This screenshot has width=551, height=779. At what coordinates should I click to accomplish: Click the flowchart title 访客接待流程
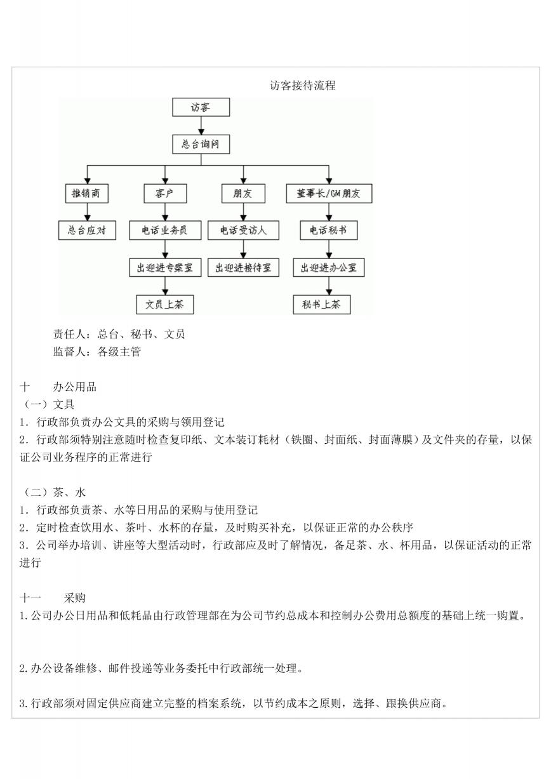pos(302,85)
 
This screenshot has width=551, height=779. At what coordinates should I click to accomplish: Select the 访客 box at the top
pos(201,107)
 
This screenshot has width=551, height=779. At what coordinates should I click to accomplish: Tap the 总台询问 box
pos(201,144)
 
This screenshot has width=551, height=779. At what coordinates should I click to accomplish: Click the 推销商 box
pos(87,194)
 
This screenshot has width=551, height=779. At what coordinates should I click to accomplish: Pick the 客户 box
pos(165,194)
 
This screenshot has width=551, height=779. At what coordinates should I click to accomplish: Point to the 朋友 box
pos(243,194)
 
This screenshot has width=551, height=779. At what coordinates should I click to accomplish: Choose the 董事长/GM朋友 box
pos(329,194)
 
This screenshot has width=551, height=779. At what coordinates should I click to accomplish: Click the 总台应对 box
pos(87,230)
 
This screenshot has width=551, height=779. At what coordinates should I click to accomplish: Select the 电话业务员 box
pos(165,230)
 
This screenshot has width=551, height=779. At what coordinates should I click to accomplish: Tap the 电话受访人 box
pos(243,230)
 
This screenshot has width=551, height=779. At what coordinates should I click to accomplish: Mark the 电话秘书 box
pos(329,230)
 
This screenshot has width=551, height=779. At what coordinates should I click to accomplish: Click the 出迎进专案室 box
pos(165,267)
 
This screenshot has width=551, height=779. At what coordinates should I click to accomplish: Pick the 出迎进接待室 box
pos(243,267)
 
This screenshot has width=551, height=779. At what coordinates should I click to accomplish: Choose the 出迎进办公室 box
pos(329,267)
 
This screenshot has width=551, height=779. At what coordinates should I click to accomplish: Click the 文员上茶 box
pos(165,305)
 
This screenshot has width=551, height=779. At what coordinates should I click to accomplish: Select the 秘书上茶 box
pos(322,305)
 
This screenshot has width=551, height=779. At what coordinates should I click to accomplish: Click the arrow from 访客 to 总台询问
pos(201,126)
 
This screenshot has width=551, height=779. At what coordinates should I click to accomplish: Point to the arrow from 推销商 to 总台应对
pos(87,212)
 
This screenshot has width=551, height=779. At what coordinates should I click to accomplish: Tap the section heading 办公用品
pos(75,387)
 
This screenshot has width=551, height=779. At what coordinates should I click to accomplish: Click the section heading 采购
pos(74,598)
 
